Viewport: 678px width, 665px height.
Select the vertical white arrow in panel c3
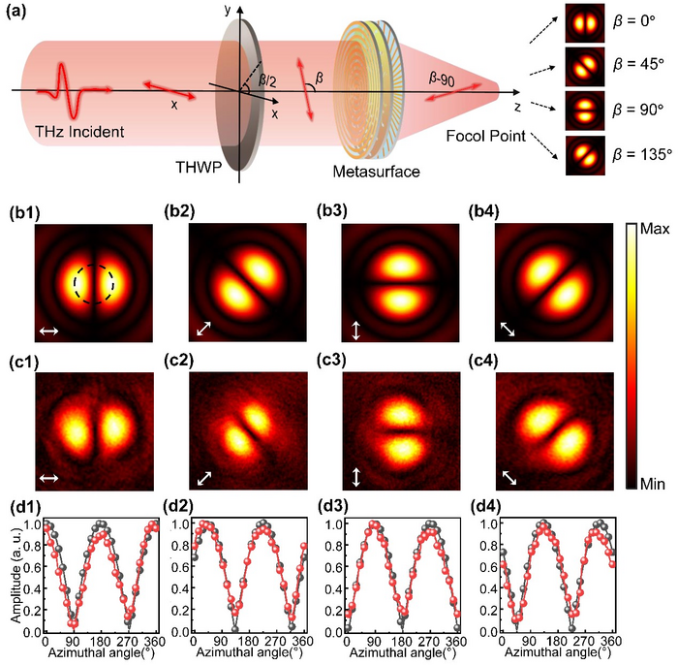[x=357, y=477]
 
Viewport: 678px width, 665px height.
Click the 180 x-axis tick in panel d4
[x=557, y=641]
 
